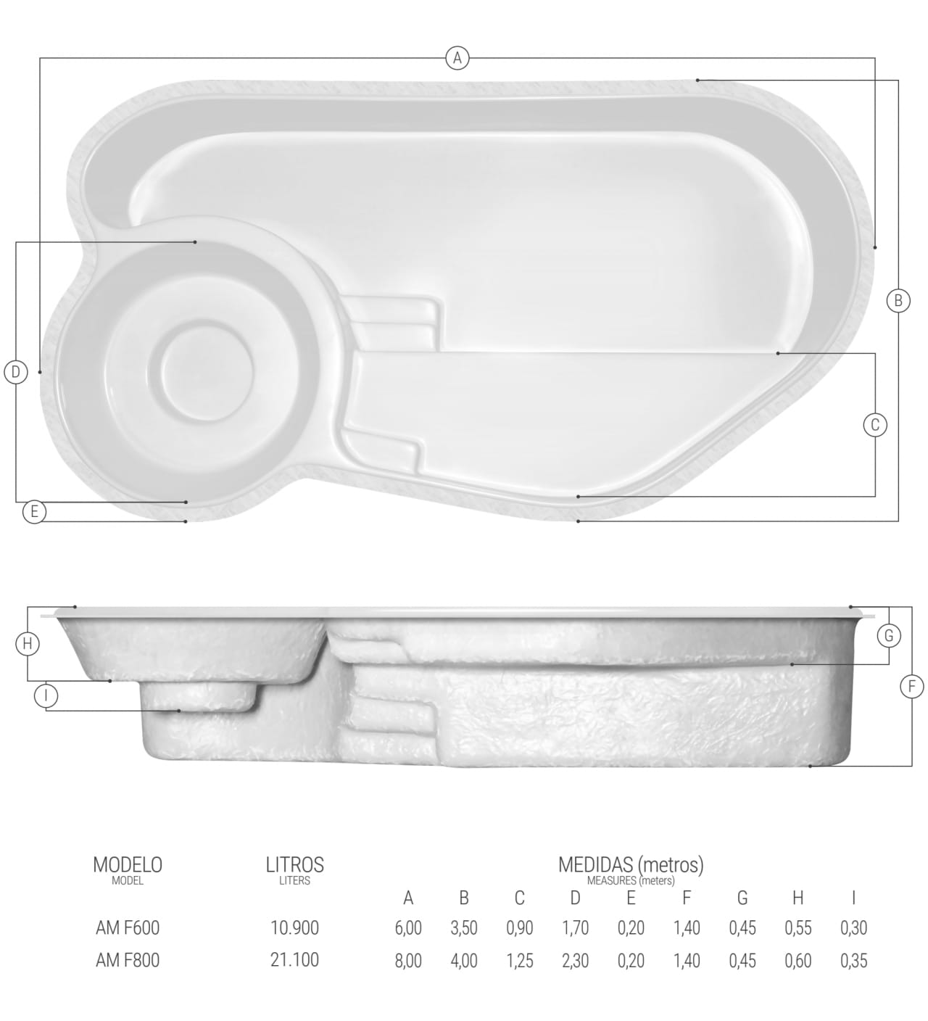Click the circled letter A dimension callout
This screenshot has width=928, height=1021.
pos(457,58)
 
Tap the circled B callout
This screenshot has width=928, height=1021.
pos(898,301)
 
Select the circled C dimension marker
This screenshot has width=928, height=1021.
pos(875,425)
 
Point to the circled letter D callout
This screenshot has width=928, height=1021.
pos(16,372)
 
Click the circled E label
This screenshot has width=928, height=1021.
pos(34,511)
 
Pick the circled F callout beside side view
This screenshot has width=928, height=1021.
pos(912,687)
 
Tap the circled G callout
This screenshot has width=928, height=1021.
pos(889,635)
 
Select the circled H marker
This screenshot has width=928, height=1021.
pos(28,644)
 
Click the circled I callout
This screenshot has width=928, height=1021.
pos(46,695)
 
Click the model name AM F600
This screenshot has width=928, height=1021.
pos(128,927)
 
